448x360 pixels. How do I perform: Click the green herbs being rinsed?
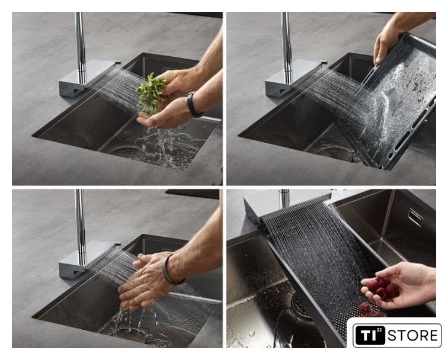(x=150, y=94)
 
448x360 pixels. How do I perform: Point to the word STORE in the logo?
(x=412, y=335)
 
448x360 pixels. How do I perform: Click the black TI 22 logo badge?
(x=369, y=335)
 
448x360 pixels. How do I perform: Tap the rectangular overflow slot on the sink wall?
(x=416, y=217)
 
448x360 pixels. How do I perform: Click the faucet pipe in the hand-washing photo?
(x=81, y=226)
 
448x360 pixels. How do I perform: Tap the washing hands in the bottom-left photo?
(x=146, y=281)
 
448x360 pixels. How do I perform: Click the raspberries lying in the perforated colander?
(x=370, y=310)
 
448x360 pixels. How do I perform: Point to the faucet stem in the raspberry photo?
(x=284, y=199)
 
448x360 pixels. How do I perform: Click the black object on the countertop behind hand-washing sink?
(x=192, y=194)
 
